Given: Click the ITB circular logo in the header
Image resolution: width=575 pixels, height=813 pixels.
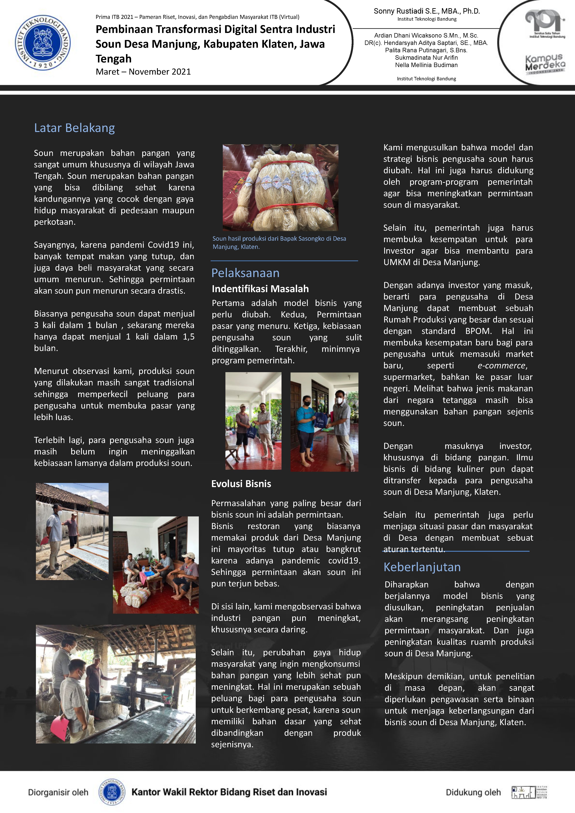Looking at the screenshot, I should tap(42, 42).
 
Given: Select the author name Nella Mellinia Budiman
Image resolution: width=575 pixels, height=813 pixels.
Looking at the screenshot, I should tap(426, 65).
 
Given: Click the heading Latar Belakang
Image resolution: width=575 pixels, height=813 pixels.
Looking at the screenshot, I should tap(74, 128).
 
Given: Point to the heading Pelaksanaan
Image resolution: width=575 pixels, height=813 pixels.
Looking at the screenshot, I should tap(245, 273).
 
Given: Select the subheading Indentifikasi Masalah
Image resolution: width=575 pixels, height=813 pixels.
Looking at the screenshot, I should tap(260, 289).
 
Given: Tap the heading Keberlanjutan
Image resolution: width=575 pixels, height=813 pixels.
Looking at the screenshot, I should tap(422, 567).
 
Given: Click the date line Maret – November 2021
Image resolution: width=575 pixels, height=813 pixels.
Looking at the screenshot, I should tap(143, 72).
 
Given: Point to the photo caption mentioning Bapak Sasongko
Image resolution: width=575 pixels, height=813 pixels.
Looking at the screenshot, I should tap(279, 242).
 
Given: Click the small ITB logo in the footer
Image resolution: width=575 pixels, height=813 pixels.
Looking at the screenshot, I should tap(112, 792).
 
